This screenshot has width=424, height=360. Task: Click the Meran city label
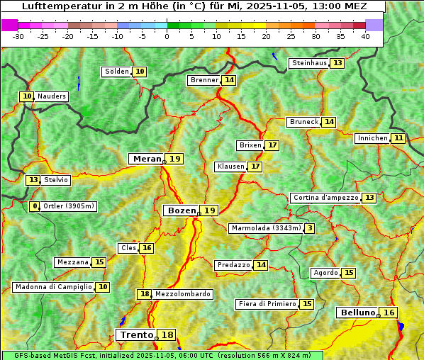click(x=147, y=159)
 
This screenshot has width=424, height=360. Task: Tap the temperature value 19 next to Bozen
click(x=210, y=210)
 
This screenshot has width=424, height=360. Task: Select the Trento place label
click(x=136, y=335)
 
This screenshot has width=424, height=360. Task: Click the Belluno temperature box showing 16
click(x=389, y=313)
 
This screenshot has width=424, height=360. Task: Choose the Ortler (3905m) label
click(x=69, y=207)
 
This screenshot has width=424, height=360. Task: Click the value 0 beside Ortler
click(x=35, y=207)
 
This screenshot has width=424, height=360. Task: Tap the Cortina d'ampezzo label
click(x=325, y=198)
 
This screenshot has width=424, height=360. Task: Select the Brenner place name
click(x=204, y=80)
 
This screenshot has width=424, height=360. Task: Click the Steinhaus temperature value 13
click(x=337, y=63)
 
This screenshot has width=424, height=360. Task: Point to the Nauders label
click(x=51, y=96)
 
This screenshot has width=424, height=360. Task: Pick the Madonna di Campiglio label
click(x=53, y=287)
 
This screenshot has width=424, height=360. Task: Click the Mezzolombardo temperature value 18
click(x=145, y=294)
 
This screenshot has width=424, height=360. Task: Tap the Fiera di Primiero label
click(x=267, y=304)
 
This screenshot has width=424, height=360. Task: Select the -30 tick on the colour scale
click(x=18, y=36)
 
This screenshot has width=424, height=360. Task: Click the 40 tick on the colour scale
click(x=364, y=36)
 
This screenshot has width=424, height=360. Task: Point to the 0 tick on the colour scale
click(x=167, y=36)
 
